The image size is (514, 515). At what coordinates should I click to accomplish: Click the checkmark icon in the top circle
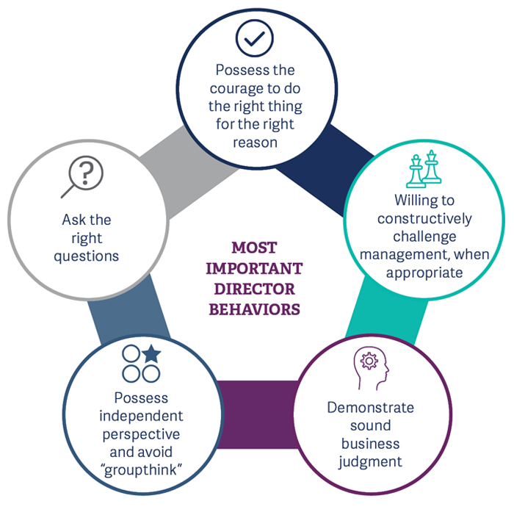pyautogui.click(x=255, y=37)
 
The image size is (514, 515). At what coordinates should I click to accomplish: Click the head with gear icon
pyautogui.click(x=370, y=367)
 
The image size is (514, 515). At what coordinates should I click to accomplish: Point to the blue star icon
pyautogui.click(x=151, y=354)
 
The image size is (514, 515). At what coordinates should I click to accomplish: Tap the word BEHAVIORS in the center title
pyautogui.click(x=255, y=309)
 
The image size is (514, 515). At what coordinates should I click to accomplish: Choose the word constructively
pyautogui.click(x=424, y=218)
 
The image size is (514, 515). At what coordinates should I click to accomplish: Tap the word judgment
pyautogui.click(x=371, y=461)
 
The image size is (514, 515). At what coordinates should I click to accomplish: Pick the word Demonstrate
pyautogui.click(x=371, y=408)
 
